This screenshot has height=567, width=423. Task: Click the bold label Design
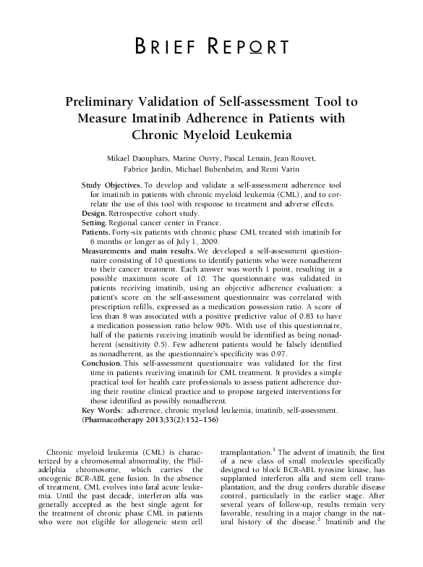95,214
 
